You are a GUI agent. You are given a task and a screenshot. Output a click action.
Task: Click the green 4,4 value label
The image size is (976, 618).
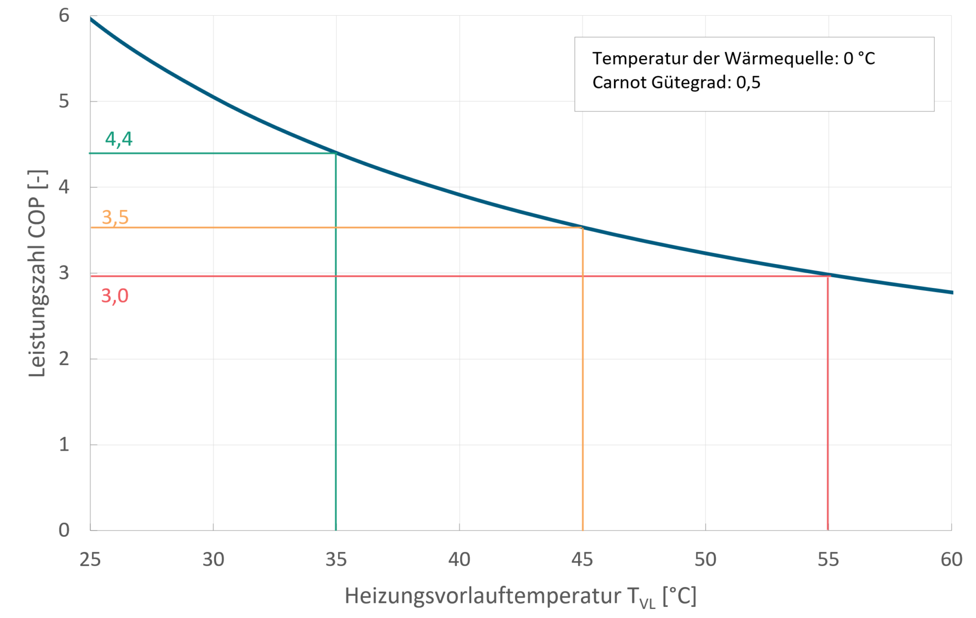coord(118,139)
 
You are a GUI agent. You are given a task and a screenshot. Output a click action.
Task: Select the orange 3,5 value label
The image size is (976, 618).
coord(115,217)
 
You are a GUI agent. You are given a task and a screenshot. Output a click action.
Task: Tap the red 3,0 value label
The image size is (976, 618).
coord(114,296)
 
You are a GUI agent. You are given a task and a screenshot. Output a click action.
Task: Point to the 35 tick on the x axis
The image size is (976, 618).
coord(336,560)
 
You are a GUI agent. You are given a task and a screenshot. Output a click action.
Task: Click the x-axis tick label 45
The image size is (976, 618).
coord(582,560)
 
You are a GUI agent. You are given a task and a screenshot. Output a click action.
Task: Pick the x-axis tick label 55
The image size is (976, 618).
coord(828,560)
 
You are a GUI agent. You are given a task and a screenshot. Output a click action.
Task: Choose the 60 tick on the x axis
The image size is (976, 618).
coord(951,560)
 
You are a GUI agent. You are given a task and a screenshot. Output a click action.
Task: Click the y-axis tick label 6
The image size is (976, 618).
coord(64,15)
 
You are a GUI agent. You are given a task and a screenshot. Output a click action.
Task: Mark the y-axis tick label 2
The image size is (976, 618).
coord(64,359)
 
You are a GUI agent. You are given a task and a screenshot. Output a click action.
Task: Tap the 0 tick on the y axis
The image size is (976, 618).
coord(64,530)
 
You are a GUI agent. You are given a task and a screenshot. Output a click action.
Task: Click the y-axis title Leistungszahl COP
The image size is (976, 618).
coord(38,273)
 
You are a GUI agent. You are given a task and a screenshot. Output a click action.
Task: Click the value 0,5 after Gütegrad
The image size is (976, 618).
coord(748,82)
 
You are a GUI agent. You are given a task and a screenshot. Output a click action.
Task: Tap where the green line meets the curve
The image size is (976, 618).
coord(336,153)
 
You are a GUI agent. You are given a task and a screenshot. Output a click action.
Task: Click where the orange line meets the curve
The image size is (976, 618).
coord(583,227)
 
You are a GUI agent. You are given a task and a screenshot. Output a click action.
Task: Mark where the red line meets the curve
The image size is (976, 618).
coord(828,276)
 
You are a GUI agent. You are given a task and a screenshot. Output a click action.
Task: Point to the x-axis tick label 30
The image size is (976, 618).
coord(213,560)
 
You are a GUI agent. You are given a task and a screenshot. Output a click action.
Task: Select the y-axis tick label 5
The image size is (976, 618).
coord(64,101)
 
